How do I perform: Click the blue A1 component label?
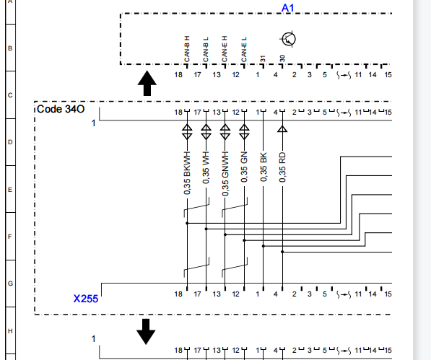tap(287, 8)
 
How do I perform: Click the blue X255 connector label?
tap(86, 299)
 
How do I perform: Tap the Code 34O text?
tap(61, 109)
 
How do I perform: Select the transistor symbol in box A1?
tap(288, 39)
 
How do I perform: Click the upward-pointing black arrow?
tap(147, 83)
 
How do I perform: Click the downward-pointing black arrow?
tap(146, 331)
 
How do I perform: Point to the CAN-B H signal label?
tap(187, 49)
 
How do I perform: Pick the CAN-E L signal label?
tap(244, 50)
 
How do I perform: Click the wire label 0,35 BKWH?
tap(187, 173)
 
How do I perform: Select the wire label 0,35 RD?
tap(282, 167)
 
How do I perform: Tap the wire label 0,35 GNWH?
tap(225, 174)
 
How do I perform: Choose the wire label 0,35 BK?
tap(263, 167)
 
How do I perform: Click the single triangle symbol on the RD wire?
tap(282, 129)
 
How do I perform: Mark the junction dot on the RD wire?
tap(282, 252)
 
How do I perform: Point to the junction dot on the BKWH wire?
tap(187, 223)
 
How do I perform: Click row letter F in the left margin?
tap(10, 237)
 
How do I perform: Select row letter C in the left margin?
tap(10, 95)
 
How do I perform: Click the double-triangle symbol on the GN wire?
tap(244, 132)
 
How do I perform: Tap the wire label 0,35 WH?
tap(206, 167)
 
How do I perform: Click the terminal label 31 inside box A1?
tap(263, 59)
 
